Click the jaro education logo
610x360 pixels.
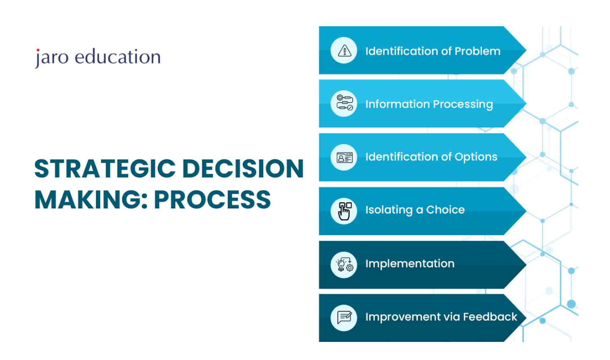98,58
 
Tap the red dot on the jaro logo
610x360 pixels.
38,50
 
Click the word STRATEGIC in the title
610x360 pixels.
105,169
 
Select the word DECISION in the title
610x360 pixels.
243,169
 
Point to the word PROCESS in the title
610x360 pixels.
212,199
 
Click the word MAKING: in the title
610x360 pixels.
91,199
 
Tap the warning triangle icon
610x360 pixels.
344,51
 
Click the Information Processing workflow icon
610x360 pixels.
344,102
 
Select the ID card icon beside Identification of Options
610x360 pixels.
344,158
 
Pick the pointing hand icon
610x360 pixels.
344,211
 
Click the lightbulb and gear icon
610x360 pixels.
344,264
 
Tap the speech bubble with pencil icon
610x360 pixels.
344,318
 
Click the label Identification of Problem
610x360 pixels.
433,51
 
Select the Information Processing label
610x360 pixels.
429,104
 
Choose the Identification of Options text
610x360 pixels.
431,157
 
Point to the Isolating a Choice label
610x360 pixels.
415,210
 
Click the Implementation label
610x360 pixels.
410,264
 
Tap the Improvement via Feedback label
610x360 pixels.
441,317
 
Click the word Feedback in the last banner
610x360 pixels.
490,317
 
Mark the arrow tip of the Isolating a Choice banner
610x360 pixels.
526,211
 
